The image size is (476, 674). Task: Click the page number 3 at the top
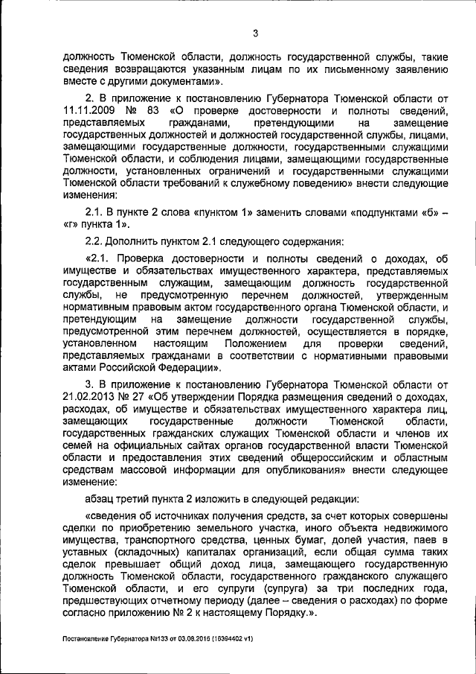[x=254, y=33]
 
